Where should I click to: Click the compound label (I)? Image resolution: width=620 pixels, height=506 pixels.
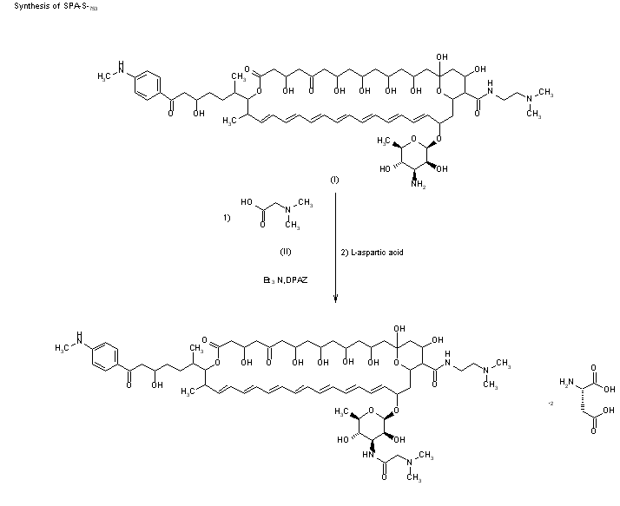(334, 180)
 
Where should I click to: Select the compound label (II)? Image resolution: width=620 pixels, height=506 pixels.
(284, 251)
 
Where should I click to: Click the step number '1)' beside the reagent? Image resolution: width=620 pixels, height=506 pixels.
(228, 220)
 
